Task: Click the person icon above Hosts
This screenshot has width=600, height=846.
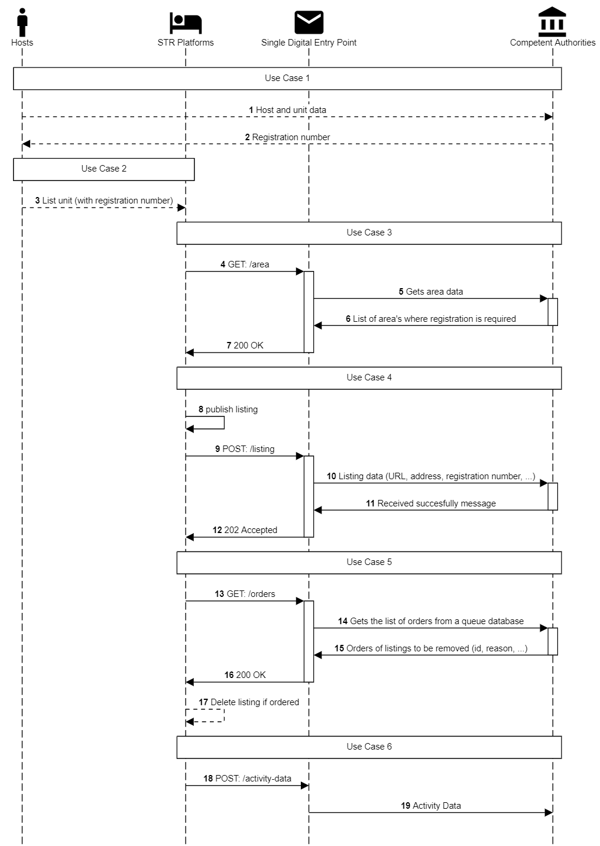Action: pos(22,22)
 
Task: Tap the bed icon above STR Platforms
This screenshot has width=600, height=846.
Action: pos(186,23)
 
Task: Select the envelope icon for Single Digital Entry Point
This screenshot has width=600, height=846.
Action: pos(309,22)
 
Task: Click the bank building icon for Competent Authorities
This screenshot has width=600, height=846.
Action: pos(552,22)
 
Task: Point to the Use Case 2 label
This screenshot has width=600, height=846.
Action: pos(104,169)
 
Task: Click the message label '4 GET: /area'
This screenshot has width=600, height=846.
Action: pos(245,264)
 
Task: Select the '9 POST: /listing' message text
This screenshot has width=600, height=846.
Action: pos(245,449)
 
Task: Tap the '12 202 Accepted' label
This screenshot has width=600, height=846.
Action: pos(245,530)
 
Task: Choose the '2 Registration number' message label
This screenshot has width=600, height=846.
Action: pos(287,137)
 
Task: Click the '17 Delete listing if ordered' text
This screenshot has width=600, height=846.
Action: pos(249,702)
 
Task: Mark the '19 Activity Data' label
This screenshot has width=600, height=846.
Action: pos(430,806)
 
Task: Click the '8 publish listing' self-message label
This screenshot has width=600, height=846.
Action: pos(228,409)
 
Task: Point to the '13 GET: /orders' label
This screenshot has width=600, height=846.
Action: pos(245,594)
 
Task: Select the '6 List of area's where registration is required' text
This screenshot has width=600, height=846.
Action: pos(430,319)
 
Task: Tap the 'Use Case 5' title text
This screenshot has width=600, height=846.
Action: pos(369,562)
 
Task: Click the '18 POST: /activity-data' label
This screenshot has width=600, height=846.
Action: pos(247,779)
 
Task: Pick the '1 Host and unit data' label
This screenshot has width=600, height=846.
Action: pos(287,110)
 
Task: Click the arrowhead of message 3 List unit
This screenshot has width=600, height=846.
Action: pos(181,208)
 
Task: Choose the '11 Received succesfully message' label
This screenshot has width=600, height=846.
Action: pos(430,503)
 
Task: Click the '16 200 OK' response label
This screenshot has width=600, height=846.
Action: pos(245,675)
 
